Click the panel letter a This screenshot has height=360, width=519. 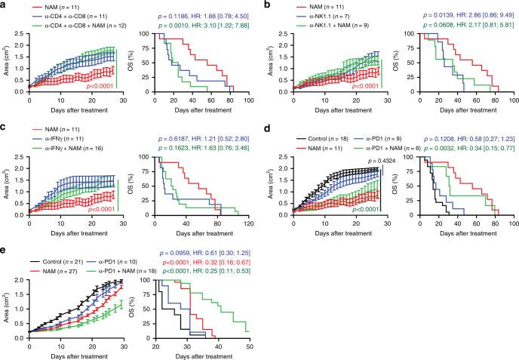(4, 5)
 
